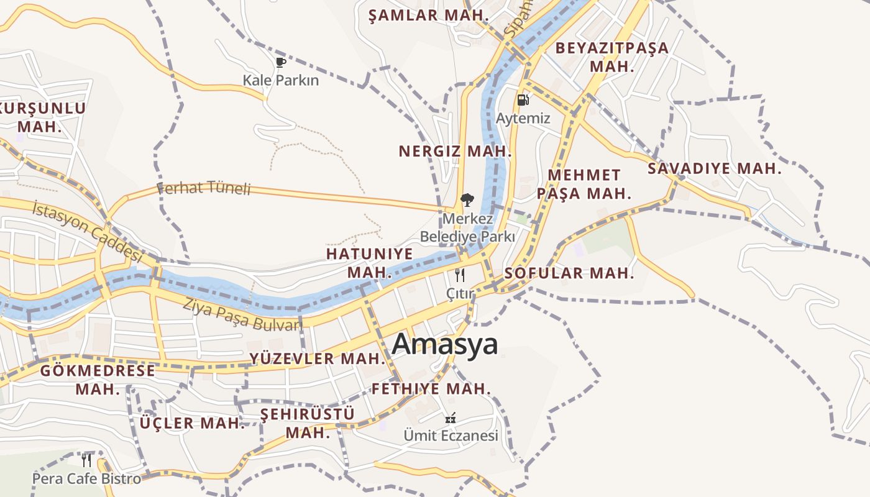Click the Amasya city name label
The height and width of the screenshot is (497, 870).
pyautogui.click(x=445, y=344)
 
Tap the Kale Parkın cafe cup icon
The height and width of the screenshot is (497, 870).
pyautogui.click(x=280, y=62)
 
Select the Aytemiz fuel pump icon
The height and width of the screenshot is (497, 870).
pyautogui.click(x=523, y=99)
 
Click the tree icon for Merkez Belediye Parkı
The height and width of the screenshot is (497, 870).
pyautogui.click(x=466, y=200)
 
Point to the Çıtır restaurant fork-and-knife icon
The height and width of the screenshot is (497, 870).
pyautogui.click(x=460, y=275)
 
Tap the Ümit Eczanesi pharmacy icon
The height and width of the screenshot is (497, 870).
pyautogui.click(x=451, y=418)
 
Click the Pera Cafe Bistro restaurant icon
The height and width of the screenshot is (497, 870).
pyautogui.click(x=86, y=460)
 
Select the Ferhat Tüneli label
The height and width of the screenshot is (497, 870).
pyautogui.click(x=204, y=188)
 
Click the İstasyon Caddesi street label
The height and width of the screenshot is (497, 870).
pyautogui.click(x=88, y=230)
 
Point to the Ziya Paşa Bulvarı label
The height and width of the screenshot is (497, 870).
pyautogui.click(x=242, y=314)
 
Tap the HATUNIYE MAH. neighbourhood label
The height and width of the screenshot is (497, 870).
pyautogui.click(x=370, y=263)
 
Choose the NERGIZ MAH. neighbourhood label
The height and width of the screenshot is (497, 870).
pyautogui.click(x=455, y=151)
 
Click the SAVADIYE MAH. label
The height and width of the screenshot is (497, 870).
pyautogui.click(x=714, y=168)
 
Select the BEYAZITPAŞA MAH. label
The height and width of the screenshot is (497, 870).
pyautogui.click(x=611, y=57)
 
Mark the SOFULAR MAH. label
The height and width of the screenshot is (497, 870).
pyautogui.click(x=569, y=273)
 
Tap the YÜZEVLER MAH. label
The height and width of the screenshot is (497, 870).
pyautogui.click(x=318, y=358)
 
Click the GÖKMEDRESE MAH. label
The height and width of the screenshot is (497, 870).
pyautogui.click(x=98, y=380)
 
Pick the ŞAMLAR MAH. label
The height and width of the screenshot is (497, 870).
pyautogui.click(x=428, y=16)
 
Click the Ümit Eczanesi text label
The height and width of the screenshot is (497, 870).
pyautogui.click(x=451, y=435)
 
